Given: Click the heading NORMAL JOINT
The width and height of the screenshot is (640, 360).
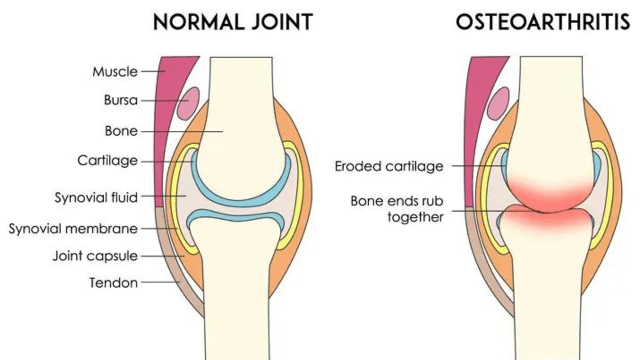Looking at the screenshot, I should click(232, 22).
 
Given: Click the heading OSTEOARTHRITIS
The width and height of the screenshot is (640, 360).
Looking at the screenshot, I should click(542, 22).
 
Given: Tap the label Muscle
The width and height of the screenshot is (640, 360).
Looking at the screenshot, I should click(114, 71).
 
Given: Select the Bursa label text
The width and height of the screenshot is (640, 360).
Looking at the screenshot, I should click(120, 100).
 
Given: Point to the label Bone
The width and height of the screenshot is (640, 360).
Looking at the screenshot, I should click(121, 131).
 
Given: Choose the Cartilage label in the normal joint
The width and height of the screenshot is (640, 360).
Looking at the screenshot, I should click(107, 161).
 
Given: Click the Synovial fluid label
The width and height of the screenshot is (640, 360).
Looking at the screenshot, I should click(96, 197).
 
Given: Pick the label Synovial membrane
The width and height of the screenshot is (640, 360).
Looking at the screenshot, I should click(73, 229).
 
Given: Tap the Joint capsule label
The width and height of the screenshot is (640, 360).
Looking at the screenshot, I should click(95, 256).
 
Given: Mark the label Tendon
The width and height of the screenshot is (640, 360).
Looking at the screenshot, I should click(113, 283).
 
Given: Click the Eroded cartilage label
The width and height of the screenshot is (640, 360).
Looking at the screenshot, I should click(389, 166).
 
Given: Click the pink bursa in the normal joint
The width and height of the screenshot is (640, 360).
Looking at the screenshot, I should click(189, 103).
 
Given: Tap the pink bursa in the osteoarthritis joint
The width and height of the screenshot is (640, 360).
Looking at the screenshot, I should click(498, 103).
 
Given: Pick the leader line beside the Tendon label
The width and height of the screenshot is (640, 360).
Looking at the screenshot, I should click(160, 283).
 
